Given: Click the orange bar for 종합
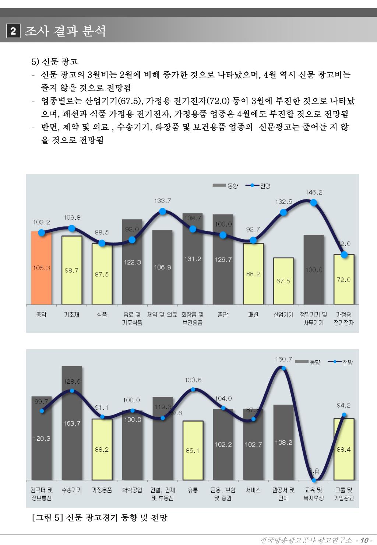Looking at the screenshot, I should (41, 268).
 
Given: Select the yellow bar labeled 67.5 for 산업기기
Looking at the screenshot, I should (283, 281).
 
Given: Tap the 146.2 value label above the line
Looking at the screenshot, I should (314, 192).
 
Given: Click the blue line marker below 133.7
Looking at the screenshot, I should (163, 212).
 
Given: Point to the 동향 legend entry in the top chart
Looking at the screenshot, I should (225, 186).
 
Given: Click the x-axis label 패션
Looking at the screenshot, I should (253, 315).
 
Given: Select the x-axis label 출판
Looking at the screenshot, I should (223, 315).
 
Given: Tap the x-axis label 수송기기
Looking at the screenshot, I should (72, 490).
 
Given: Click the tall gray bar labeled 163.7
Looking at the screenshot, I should (72, 424).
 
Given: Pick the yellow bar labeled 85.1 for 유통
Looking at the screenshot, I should (193, 450).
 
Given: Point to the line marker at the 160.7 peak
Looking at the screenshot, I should (283, 368).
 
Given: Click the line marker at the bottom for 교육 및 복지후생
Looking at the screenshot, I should (314, 480).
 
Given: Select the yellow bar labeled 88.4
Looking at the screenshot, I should (343, 449).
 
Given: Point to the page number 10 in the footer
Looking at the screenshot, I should (364, 540).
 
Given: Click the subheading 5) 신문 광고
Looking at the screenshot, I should (54, 61).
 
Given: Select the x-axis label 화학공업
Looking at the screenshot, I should (132, 490).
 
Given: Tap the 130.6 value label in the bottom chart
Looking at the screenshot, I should (193, 380).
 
